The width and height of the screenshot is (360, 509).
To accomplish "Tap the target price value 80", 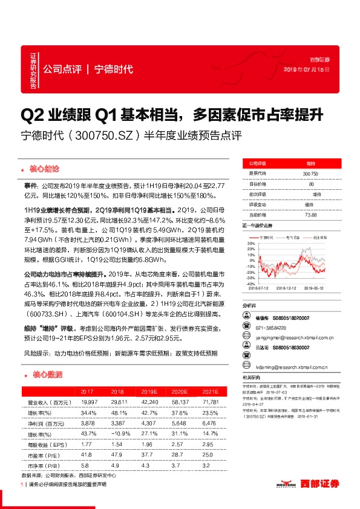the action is (310, 183).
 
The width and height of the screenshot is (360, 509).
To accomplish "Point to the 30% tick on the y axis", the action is (250, 244).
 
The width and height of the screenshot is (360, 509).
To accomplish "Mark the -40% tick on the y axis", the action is (250, 282).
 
